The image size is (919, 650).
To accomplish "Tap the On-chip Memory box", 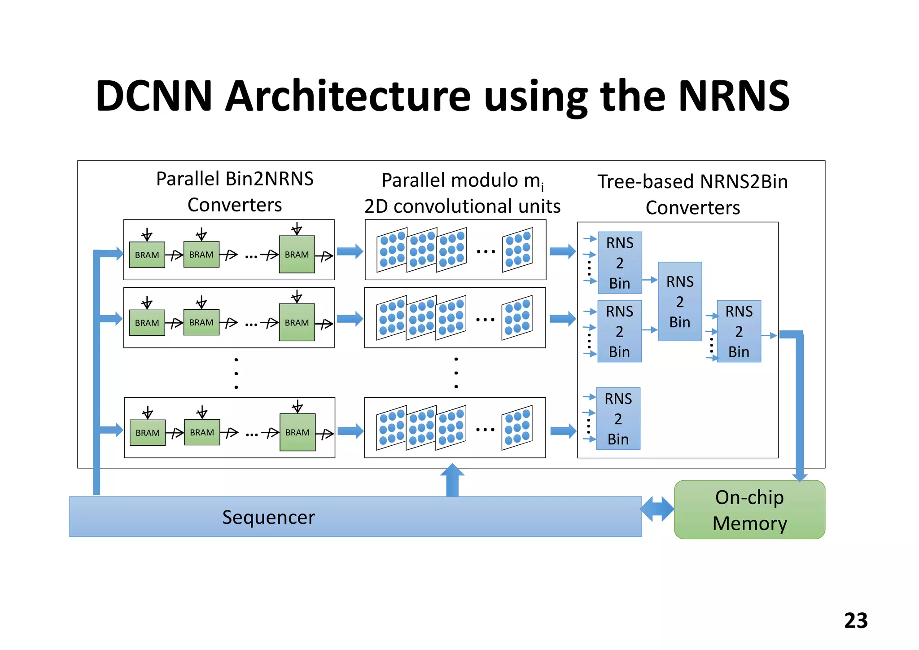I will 749,510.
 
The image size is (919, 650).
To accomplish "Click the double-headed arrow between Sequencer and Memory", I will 657,509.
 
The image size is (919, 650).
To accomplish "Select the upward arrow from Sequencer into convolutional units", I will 452,480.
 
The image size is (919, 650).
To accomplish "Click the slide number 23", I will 855,621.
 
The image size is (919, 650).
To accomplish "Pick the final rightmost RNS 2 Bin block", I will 739,331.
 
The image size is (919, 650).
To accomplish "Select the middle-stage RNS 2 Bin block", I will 679,302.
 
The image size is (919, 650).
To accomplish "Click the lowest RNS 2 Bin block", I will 618,418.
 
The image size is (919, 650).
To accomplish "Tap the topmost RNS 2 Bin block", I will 619,263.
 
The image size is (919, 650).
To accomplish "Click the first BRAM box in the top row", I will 147,255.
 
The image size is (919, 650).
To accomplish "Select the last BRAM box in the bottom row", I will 297,432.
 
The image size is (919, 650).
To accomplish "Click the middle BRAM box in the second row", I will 201,322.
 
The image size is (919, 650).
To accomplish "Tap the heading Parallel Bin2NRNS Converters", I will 235,192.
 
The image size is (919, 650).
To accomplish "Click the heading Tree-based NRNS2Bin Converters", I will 692,194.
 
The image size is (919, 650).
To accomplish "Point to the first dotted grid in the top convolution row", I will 392,250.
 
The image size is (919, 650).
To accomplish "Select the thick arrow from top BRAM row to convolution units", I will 350,251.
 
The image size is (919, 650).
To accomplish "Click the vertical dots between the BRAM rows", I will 236,373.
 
